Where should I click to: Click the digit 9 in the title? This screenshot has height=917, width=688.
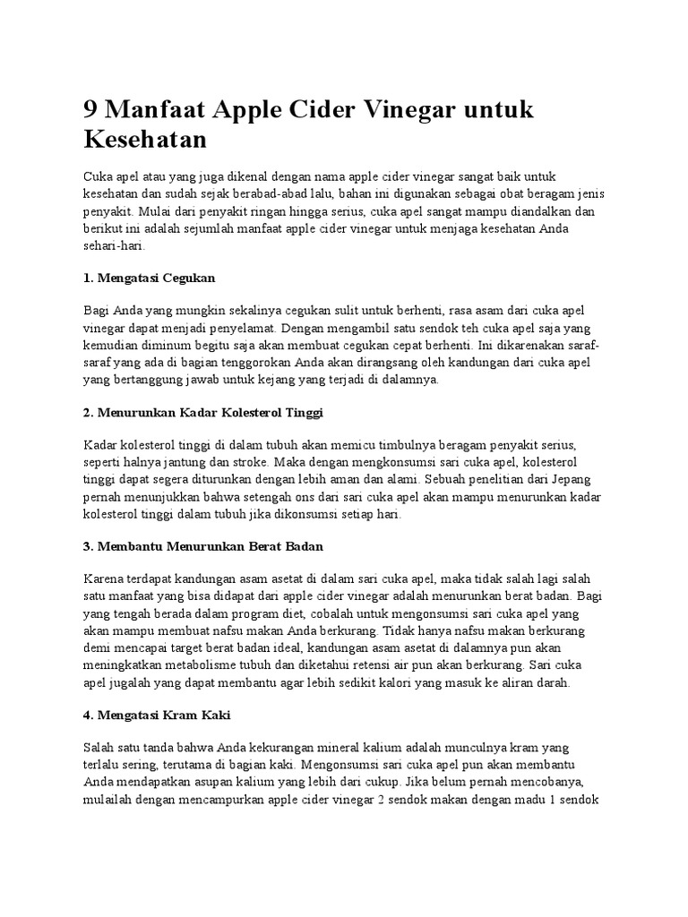[91, 111]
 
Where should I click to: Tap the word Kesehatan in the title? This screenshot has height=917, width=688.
[145, 141]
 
